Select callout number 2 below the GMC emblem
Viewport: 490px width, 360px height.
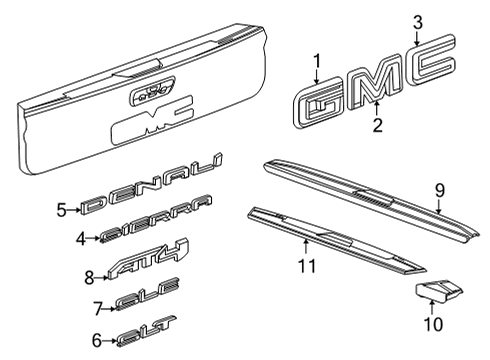pos(376,125)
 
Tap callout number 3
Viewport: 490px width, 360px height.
pos(418,21)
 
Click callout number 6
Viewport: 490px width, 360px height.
pos(97,339)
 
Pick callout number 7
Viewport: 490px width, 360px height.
pos(97,307)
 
